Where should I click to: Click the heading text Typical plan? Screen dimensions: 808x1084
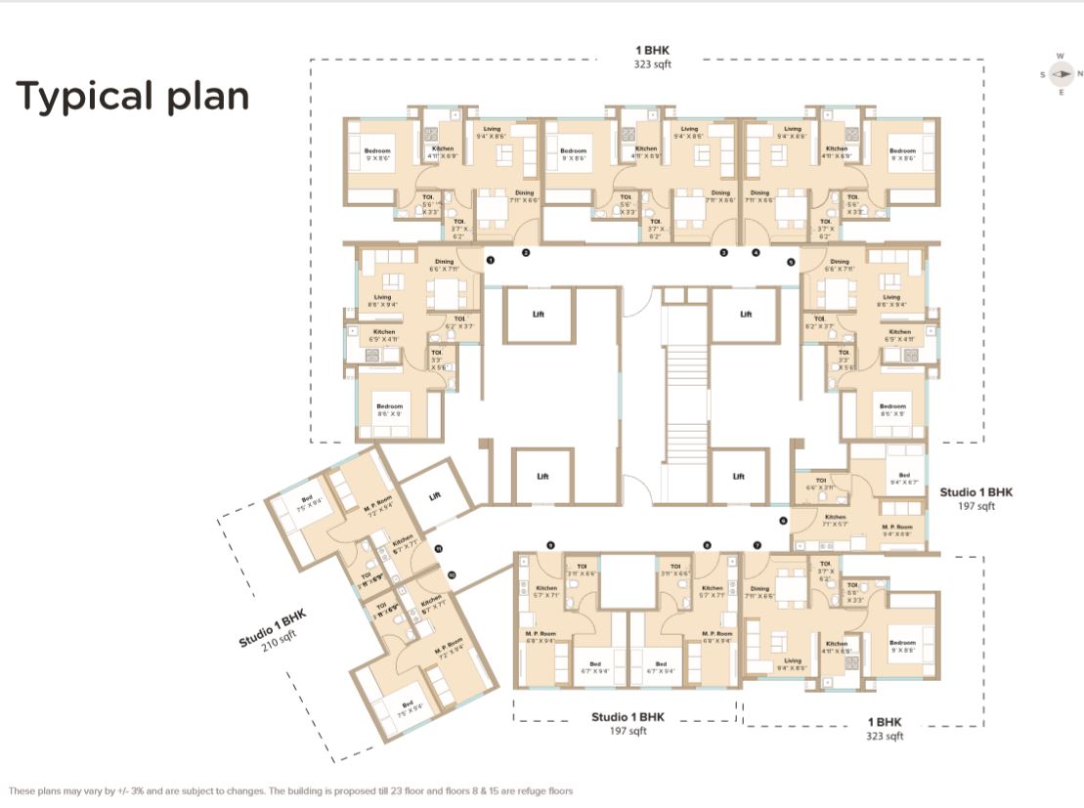pos(132,97)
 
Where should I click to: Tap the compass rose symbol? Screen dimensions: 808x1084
pos(1060,74)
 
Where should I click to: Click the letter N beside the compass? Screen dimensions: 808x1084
pos(1079,74)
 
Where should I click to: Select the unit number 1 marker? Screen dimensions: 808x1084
pos(491,260)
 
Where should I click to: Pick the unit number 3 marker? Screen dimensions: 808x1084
pos(724,253)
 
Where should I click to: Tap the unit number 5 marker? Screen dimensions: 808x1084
pos(791,261)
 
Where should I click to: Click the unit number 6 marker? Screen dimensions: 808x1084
pos(783,521)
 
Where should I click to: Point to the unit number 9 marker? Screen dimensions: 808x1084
pos(550,544)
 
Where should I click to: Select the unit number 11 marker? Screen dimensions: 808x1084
pos(440,550)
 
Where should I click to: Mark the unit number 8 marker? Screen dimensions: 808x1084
pos(707,544)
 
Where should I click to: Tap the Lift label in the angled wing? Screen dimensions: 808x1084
pos(435,496)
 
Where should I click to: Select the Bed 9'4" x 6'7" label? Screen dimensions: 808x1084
pos(904,478)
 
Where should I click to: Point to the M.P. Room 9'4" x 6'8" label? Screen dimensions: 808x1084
pos(896,531)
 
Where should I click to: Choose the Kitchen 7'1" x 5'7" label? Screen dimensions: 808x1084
pos(835,520)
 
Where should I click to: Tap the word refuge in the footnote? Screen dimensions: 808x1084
pos(518,790)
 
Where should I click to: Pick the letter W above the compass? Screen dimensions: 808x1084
pos(1060,57)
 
